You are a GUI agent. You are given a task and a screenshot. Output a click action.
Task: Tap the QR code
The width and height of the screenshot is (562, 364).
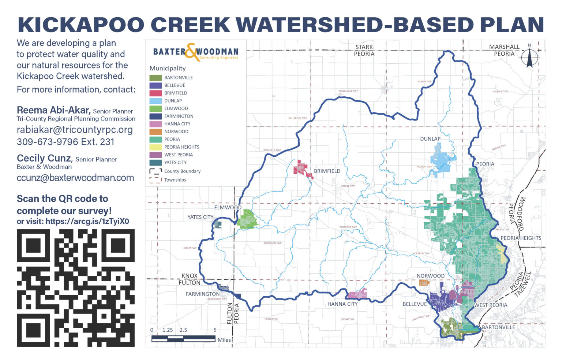(76, 288)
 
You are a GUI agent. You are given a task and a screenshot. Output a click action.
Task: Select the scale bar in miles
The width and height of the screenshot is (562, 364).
(183, 339)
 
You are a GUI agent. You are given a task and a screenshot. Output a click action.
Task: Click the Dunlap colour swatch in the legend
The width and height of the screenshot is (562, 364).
(156, 101)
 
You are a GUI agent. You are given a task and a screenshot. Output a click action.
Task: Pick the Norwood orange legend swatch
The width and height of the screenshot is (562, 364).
(156, 131)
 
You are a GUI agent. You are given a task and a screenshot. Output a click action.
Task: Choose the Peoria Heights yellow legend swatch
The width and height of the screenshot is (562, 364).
(156, 147)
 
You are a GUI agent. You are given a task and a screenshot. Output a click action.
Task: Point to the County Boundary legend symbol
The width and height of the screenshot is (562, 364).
(156, 171)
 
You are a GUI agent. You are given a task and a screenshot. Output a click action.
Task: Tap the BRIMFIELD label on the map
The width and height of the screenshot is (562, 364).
(327, 171)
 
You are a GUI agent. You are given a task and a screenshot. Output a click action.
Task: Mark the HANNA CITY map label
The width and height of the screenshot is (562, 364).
(342, 304)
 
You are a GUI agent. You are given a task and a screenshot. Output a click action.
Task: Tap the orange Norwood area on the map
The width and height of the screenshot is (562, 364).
(424, 283)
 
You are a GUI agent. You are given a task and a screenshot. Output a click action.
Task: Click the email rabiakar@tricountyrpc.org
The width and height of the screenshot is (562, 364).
(75, 130)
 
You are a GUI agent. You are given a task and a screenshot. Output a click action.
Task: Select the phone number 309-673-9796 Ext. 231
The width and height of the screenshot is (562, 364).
(65, 142)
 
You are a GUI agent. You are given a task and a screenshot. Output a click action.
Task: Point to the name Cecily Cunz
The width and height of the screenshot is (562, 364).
(44, 158)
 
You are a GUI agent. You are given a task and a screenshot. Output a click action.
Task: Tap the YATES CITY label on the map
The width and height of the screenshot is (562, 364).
(200, 217)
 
